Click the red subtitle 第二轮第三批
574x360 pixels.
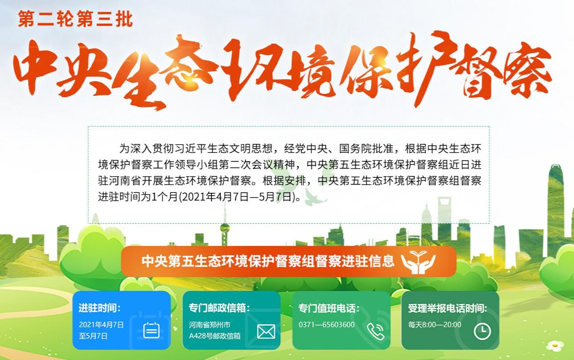pos(75,19)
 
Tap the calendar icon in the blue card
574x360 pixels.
pos(151,330)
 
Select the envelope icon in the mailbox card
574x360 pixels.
pos(266,331)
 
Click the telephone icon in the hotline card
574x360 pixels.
pos(375,331)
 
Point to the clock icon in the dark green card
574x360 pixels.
pos(482,332)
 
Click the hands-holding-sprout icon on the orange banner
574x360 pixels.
pos(418,262)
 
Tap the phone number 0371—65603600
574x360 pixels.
pos(327,325)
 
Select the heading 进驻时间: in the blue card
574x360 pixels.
pos(99,308)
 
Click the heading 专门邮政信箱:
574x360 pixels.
pos(219,308)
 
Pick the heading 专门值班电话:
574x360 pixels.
pos(329,308)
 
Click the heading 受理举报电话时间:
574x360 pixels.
pos(447,308)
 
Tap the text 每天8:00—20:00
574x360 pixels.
pos(435,325)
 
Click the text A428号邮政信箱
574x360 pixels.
pos(215,336)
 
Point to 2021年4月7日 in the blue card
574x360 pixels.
pos(101,325)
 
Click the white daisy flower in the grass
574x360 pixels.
pos(555,346)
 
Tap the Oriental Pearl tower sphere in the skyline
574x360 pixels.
pos(225,228)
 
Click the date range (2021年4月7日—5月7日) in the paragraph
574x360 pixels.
pos(238,197)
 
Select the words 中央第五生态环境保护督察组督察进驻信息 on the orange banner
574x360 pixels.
pos(268,261)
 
